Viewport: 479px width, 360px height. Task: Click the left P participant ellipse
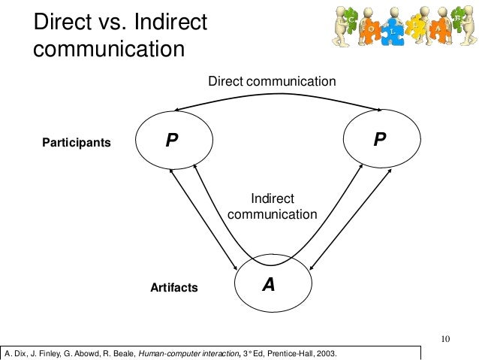pyautogui.click(x=174, y=140)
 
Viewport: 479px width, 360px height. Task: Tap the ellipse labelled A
pyautogui.click(x=270, y=285)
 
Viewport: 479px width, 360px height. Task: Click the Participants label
pyautogui.click(x=77, y=141)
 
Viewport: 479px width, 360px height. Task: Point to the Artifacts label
pyautogui.click(x=173, y=287)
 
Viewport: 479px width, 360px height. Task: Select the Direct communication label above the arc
pyautogui.click(x=272, y=80)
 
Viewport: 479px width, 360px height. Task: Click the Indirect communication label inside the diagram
pyautogui.click(x=272, y=206)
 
